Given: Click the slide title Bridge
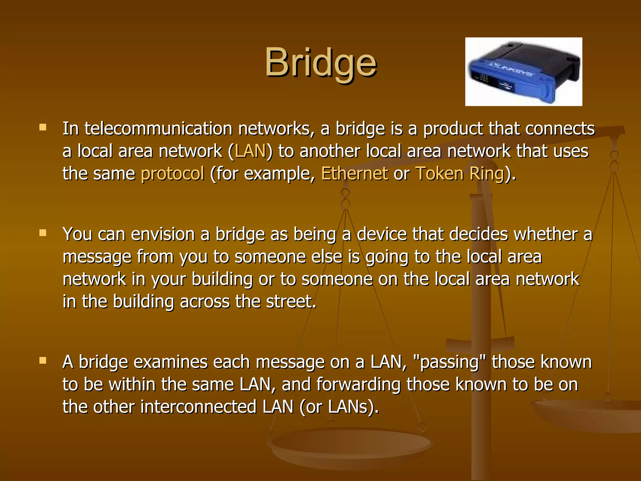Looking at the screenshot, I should click(321, 63).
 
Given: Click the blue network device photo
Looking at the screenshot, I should click(523, 72).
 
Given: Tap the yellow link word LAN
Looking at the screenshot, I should click(250, 151).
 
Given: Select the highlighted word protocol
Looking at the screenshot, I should click(172, 174).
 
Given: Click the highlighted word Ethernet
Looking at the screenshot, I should click(354, 173).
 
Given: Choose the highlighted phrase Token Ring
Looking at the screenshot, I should click(459, 173).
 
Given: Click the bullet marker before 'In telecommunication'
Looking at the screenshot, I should click(43, 127).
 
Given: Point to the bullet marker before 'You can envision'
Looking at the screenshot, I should click(43, 233).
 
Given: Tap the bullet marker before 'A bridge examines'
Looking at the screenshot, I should click(43, 360).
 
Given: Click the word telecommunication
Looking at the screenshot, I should click(158, 129).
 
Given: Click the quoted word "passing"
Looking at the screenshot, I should click(449, 362).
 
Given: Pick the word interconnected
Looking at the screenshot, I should click(198, 407).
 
